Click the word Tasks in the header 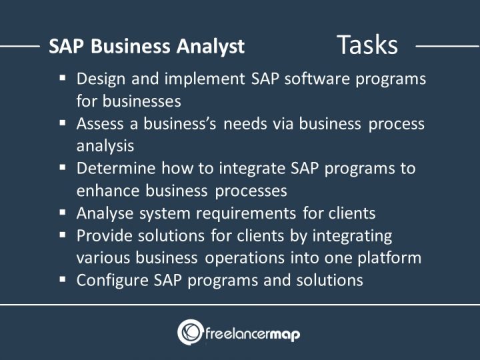click(367, 45)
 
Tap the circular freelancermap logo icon click(190, 332)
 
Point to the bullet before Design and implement click(63, 78)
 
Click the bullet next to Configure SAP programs click(63, 279)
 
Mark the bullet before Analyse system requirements click(63, 213)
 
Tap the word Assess click(99, 123)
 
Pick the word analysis click(105, 145)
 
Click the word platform click(391, 257)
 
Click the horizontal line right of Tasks click(447, 46)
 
